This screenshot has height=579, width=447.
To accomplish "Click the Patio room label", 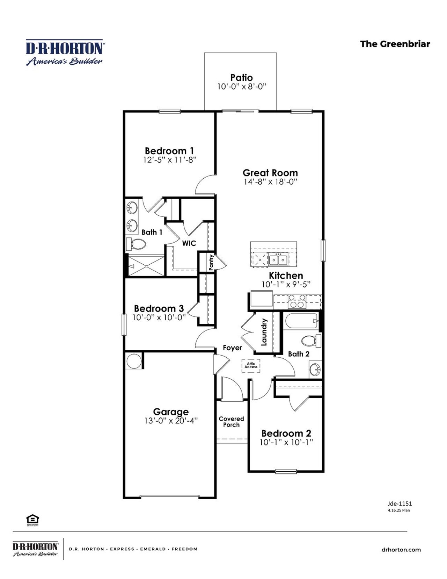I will click(x=241, y=78).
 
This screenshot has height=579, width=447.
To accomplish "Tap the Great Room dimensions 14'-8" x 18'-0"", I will click(x=270, y=182).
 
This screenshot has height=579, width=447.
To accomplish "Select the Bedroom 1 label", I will click(x=169, y=151).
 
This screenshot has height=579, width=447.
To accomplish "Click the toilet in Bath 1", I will click(x=137, y=244).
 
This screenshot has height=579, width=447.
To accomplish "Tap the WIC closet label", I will click(x=189, y=243).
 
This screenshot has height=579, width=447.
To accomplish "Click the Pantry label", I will click(x=211, y=262).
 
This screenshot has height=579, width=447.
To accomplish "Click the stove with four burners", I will click(x=297, y=301).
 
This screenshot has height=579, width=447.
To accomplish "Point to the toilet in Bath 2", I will click(x=310, y=341).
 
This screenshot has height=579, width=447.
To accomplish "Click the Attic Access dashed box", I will click(x=251, y=365).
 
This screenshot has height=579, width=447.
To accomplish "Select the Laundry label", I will click(x=264, y=332).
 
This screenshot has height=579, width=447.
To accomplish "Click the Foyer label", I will click(x=232, y=348).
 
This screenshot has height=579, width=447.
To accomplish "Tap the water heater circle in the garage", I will click(x=134, y=361).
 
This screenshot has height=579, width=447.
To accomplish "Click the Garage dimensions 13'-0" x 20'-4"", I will click(x=171, y=421).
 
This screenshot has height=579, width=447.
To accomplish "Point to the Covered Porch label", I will click(x=231, y=422).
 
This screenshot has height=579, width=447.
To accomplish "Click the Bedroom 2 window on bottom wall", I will click(x=286, y=471).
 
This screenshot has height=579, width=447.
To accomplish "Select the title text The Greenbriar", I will click(x=395, y=44).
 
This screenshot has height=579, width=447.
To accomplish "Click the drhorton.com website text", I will click(x=401, y=550).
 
